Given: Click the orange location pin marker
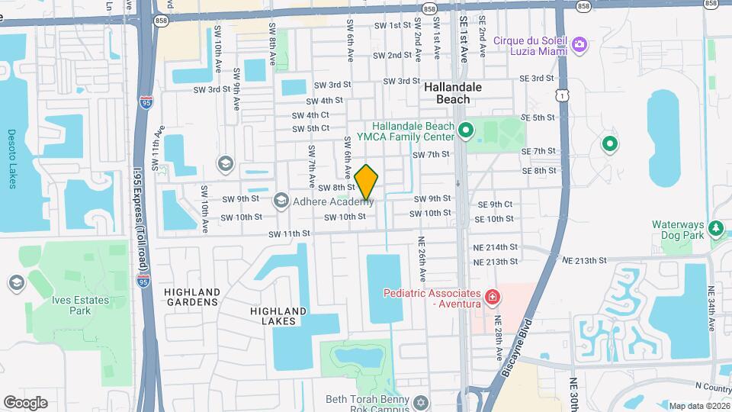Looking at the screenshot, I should click(x=366, y=182).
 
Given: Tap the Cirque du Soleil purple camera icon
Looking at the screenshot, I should click(x=579, y=45).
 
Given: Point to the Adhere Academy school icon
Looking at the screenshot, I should click(x=280, y=201).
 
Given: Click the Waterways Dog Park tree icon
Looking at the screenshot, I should click(x=715, y=228).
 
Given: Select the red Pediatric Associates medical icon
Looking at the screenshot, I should click(x=493, y=295).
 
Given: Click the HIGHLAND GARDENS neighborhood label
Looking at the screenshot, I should click(x=191, y=297).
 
